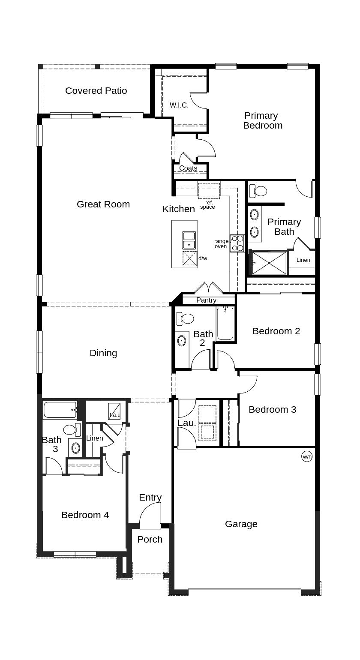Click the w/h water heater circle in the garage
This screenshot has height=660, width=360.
pyautogui.click(x=307, y=456)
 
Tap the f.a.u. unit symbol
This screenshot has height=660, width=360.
pyautogui.click(x=114, y=411)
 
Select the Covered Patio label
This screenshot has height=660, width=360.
pyautogui.click(x=96, y=91)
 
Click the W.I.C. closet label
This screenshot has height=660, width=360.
pyautogui.click(x=179, y=105)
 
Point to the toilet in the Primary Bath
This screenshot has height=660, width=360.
pyautogui.click(x=258, y=190)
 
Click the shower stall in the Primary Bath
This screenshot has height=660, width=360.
pyautogui.click(x=269, y=263)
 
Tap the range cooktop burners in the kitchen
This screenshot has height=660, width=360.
pyautogui.click(x=237, y=243)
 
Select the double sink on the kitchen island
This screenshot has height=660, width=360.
pyautogui.click(x=189, y=240)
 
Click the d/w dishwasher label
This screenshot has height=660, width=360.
pyautogui.click(x=203, y=258)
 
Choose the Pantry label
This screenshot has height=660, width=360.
pyautogui.click(x=206, y=300)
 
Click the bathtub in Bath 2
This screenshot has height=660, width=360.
pyautogui.click(x=225, y=324)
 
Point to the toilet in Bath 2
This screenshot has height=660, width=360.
pyautogui.click(x=186, y=318)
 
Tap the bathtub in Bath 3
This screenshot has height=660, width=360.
pyautogui.click(x=60, y=410)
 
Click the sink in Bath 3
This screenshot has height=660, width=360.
pyautogui.click(x=75, y=448)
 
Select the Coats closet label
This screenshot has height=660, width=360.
pyautogui.click(x=188, y=168)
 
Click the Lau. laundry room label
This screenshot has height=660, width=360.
pyautogui.click(x=187, y=423)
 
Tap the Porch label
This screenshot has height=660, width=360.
pyautogui.click(x=150, y=540)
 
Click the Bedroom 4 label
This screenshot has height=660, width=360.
pyautogui.click(x=85, y=515)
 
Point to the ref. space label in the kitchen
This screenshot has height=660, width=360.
pyautogui.click(x=208, y=205)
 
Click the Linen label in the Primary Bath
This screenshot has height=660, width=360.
pyautogui.click(x=303, y=260)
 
